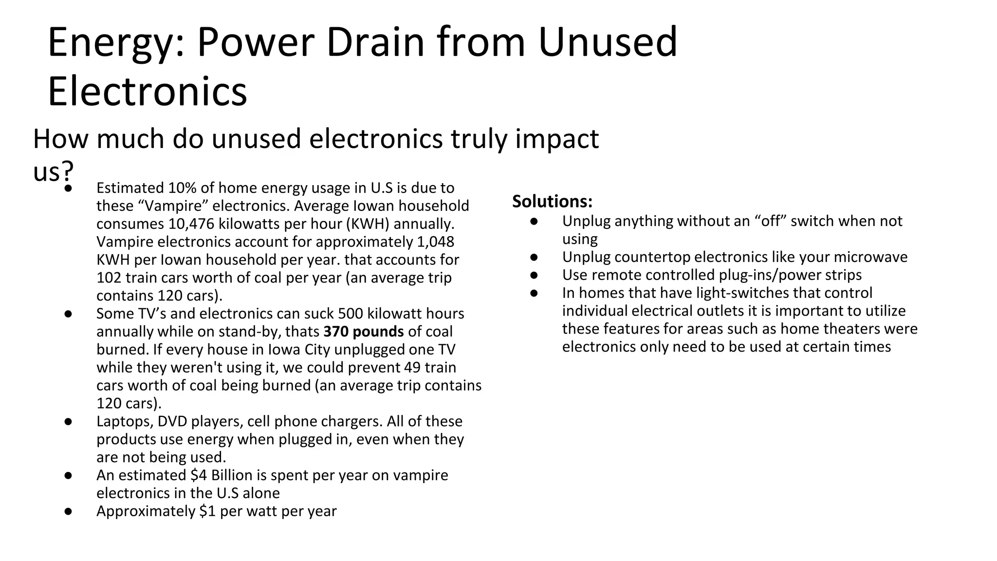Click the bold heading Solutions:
tap(552, 201)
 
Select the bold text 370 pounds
tap(364, 332)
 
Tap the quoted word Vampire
tap(173, 206)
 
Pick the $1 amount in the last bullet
tap(207, 511)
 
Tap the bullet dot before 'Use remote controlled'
tap(534, 275)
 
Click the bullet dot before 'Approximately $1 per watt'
tap(68, 511)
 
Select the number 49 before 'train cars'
tap(412, 368)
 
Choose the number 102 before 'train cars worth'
tap(109, 278)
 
